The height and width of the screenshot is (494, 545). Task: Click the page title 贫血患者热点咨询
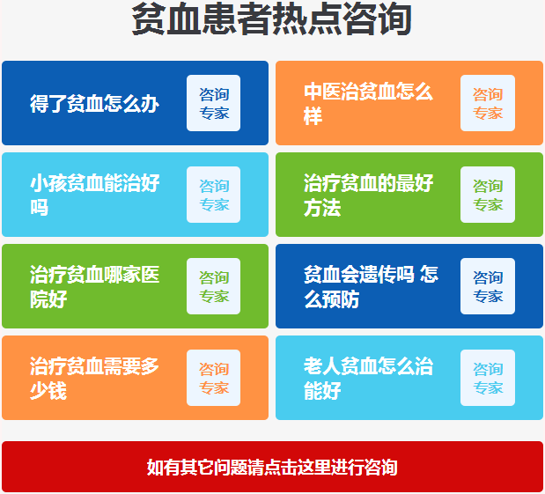click(x=272, y=19)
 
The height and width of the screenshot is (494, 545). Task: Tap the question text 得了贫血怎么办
click(x=94, y=104)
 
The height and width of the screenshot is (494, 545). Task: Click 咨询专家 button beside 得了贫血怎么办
click(x=213, y=103)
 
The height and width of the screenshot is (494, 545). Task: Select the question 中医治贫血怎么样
click(x=368, y=104)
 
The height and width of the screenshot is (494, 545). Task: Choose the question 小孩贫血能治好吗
click(x=94, y=195)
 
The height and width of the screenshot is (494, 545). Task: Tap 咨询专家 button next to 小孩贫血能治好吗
click(x=213, y=195)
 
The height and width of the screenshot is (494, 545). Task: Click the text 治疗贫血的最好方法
click(x=368, y=195)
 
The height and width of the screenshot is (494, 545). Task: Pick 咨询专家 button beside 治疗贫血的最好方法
click(x=488, y=195)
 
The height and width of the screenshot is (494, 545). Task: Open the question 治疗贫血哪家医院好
click(x=94, y=286)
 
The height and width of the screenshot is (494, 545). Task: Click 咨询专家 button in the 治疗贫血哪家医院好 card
click(x=213, y=286)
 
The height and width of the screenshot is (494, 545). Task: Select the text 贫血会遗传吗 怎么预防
click(x=371, y=286)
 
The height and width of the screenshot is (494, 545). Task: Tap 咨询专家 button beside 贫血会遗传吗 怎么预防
click(x=488, y=286)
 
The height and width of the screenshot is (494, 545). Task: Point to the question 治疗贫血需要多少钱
click(x=94, y=378)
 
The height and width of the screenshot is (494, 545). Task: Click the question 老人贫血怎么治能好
click(x=368, y=378)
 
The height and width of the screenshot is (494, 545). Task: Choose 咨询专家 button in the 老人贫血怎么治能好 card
click(x=488, y=378)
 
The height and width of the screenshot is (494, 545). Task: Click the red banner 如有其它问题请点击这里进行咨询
click(x=272, y=467)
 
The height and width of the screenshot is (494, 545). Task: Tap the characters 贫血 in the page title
click(x=166, y=19)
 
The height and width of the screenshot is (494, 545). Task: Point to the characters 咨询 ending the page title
click(x=378, y=19)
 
